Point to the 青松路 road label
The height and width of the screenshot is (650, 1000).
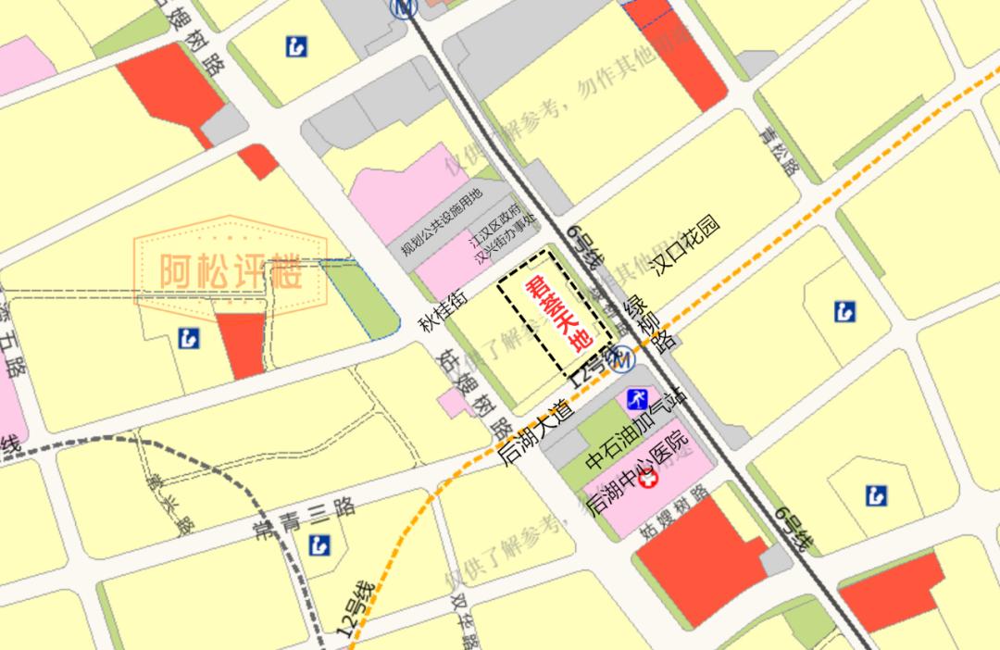(776, 152)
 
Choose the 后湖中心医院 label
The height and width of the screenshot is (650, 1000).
(640, 481)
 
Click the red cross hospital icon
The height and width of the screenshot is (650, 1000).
(648, 481)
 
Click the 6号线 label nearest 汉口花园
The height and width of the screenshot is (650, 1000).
(586, 245)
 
